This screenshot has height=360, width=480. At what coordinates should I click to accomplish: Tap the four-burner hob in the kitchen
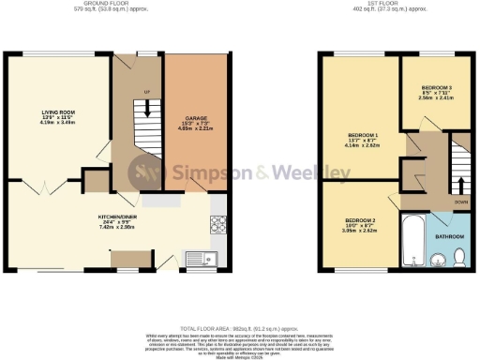(x=217, y=225)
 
